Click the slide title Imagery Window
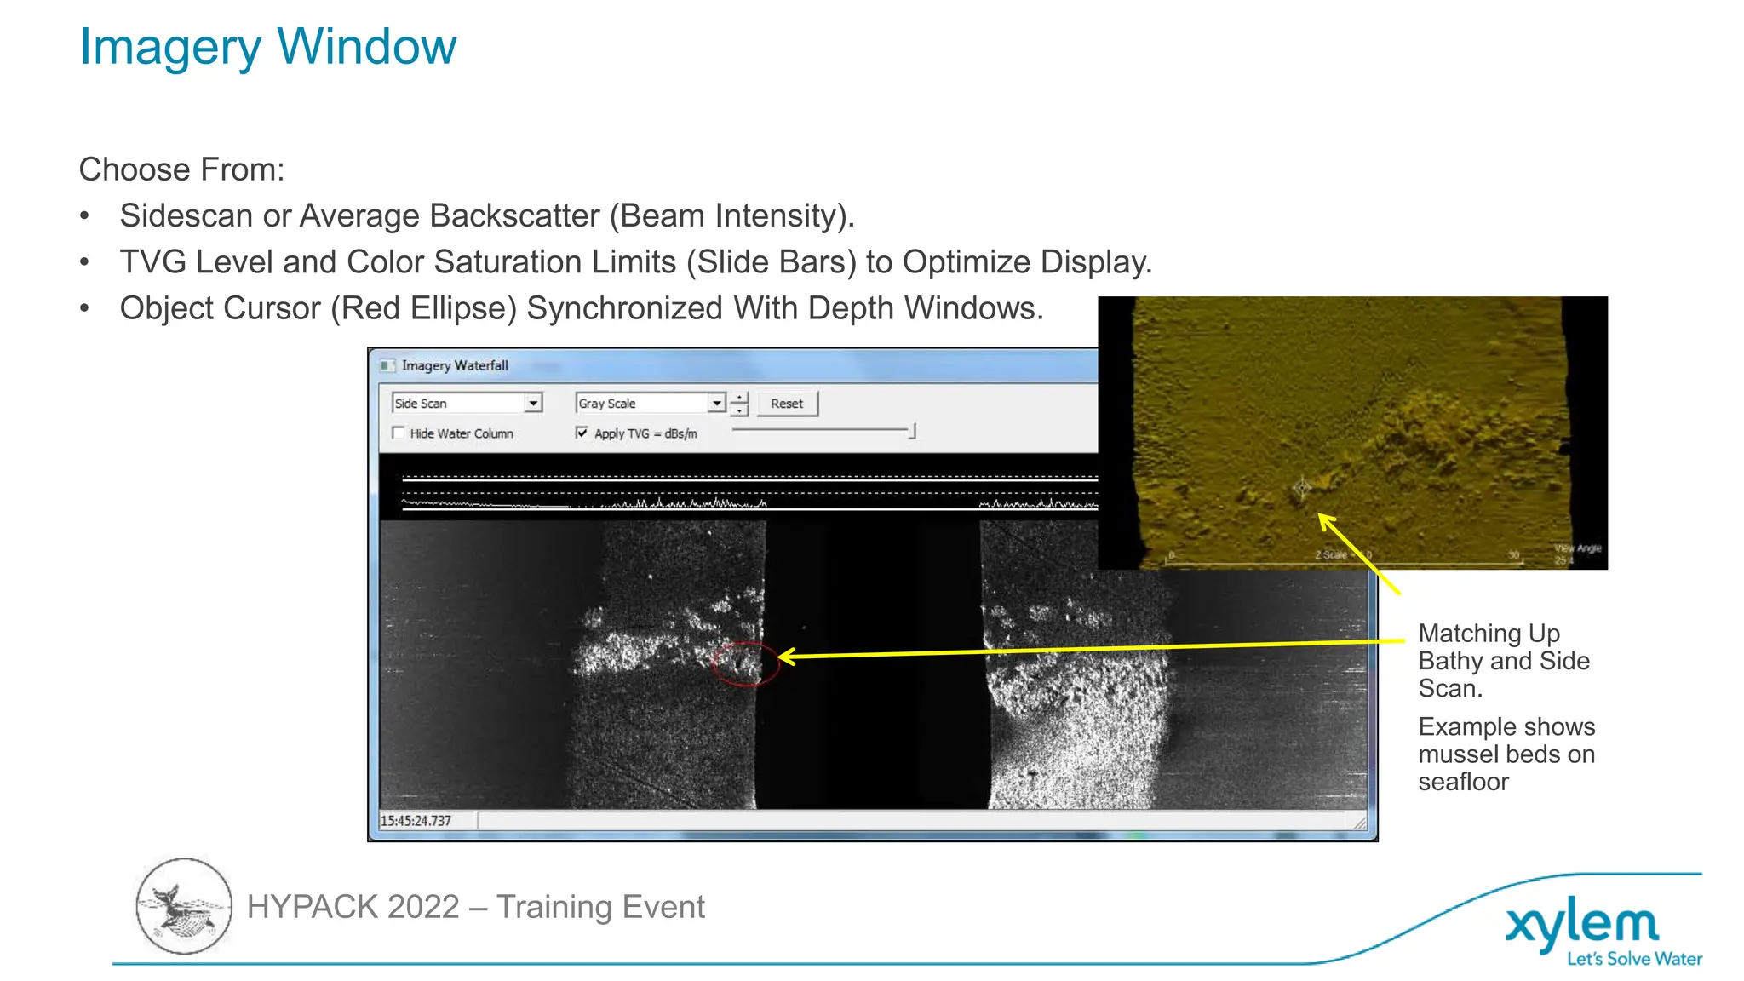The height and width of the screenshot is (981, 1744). (x=267, y=47)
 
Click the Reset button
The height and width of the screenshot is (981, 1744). (x=786, y=404)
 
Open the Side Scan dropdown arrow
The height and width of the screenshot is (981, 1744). (x=533, y=403)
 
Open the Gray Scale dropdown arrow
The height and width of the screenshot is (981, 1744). (x=717, y=403)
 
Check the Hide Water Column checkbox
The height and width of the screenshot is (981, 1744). (x=398, y=433)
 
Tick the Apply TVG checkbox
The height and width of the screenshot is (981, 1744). (x=582, y=433)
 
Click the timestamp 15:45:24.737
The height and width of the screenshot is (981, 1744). (x=416, y=821)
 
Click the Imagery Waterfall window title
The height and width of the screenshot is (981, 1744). (x=455, y=365)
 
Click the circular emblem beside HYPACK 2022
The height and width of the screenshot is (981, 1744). (x=184, y=906)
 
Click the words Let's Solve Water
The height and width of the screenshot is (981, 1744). (x=1634, y=959)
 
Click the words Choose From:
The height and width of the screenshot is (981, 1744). (x=181, y=169)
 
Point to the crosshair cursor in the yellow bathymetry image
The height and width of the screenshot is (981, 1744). (x=1302, y=488)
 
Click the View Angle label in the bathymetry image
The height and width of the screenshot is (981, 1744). (x=1577, y=548)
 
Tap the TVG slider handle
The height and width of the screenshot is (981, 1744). (x=912, y=432)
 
